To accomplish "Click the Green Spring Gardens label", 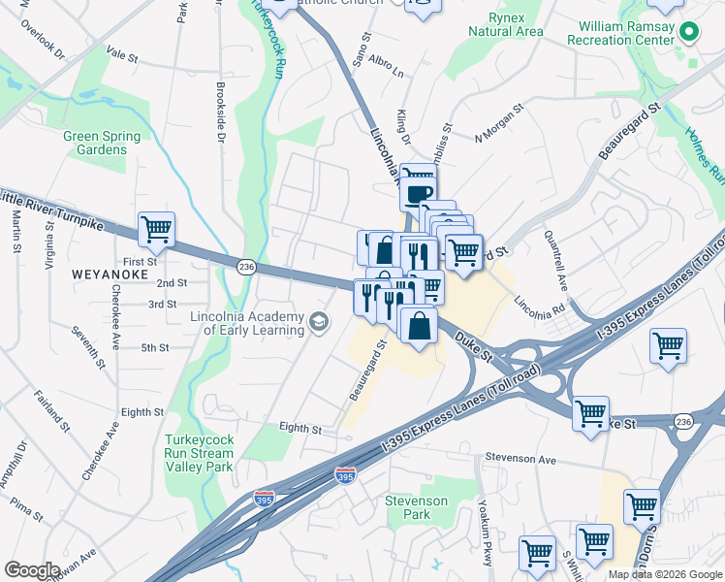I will [x=95, y=143].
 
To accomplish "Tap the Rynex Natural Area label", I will [x=505, y=24].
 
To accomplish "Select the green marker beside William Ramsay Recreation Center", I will [x=689, y=32].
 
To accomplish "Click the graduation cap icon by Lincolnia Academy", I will [x=318, y=322].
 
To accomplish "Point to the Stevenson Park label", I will [x=416, y=507].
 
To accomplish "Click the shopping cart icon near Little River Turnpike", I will [x=156, y=230].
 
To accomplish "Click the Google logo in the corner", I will [x=32, y=570].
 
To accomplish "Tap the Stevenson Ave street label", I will [x=521, y=461].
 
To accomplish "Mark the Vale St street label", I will [x=122, y=57].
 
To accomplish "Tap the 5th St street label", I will [x=155, y=347].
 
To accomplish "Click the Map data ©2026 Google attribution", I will [x=664, y=574].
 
